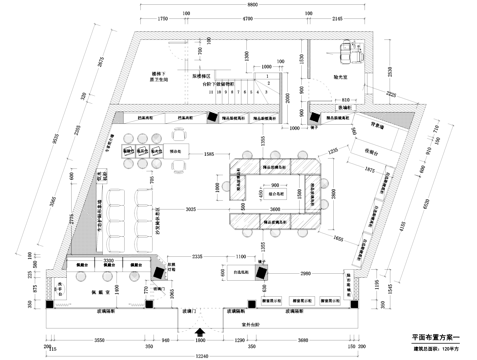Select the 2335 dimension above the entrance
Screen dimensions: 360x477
point(199,255)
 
